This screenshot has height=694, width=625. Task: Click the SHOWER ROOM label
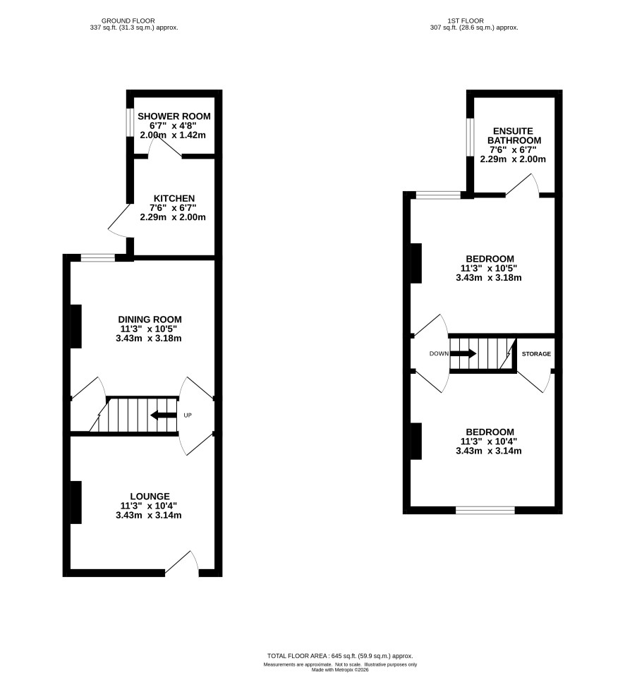[174, 116]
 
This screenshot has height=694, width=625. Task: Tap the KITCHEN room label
[174, 198]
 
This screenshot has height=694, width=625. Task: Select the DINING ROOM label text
[150, 319]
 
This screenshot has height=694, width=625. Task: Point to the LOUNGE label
[150, 497]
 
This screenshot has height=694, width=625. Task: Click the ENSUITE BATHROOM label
[514, 135]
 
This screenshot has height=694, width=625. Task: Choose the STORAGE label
[536, 354]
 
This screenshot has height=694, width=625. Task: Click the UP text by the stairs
[188, 415]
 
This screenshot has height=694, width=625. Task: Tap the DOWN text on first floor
[439, 353]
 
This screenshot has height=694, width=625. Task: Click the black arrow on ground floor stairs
[164, 415]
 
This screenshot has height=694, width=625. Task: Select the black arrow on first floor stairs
[463, 353]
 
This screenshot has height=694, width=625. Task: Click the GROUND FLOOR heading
[128, 20]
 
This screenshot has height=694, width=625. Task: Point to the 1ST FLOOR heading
[466, 20]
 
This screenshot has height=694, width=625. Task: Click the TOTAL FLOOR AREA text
[340, 656]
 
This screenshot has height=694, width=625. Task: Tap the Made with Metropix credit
[340, 669]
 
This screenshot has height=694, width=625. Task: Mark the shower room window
[130, 122]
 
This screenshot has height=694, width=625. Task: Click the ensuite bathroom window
[470, 137]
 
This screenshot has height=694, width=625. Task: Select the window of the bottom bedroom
[485, 511]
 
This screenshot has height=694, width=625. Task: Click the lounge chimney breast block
[76, 502]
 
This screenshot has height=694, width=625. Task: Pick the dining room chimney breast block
[76, 327]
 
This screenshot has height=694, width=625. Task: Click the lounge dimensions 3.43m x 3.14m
[149, 515]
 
